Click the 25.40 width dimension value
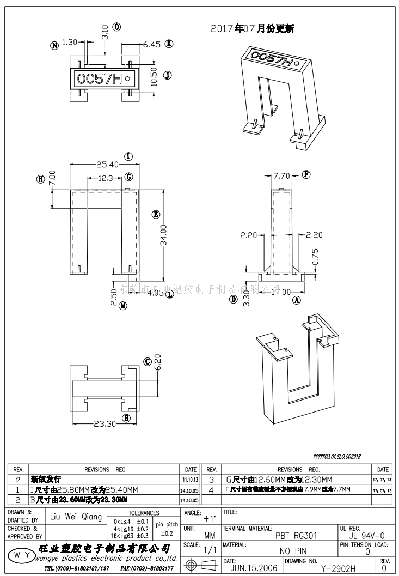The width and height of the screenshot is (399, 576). (108, 164)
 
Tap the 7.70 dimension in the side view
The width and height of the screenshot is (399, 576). (283, 175)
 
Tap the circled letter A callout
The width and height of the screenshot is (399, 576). (297, 300)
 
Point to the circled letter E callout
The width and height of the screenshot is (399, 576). (156, 215)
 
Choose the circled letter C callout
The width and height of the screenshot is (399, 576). (147, 362)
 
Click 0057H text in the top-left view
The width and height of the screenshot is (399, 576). (100, 79)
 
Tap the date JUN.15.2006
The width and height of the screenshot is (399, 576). (254, 568)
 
